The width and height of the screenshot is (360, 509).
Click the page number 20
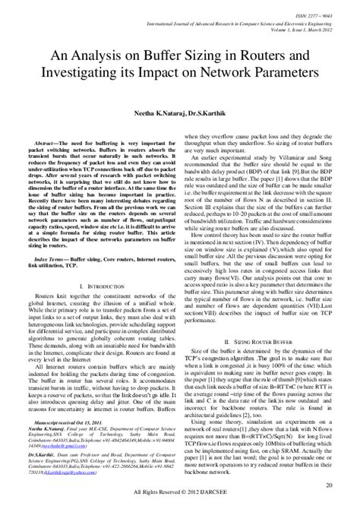[328, 485]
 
